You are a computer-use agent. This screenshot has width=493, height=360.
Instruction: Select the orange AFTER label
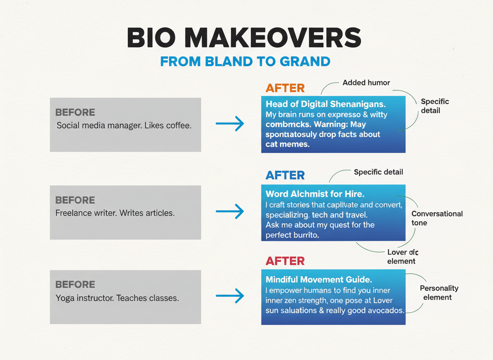point(285,88)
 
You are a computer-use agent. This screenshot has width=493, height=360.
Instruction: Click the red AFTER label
point(285,261)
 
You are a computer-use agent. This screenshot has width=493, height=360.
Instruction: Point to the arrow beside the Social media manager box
point(230,123)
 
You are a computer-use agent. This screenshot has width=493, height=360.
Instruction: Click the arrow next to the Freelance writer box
point(230,211)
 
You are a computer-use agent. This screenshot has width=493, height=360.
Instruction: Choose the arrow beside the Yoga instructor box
point(230,296)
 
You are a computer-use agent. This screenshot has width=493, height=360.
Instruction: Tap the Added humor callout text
point(366,83)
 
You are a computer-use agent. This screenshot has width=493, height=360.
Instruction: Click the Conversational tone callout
point(437,218)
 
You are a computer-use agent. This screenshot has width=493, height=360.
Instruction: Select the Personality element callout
point(439,292)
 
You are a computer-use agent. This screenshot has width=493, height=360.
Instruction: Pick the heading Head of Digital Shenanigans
point(326,104)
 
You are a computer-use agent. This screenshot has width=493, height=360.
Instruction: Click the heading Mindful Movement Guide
point(319,279)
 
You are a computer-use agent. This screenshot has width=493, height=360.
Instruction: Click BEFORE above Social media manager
point(75,112)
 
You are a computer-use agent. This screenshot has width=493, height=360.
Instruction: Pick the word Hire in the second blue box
point(354,194)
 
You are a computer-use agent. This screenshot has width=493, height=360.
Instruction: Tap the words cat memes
point(287,144)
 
